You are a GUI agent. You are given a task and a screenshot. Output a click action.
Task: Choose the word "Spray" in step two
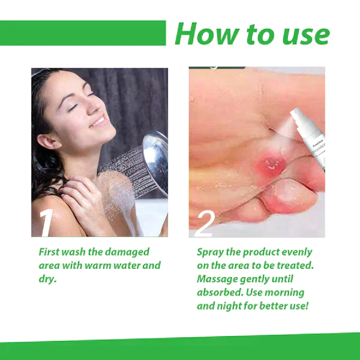tap(211, 252)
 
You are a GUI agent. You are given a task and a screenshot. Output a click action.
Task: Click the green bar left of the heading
tap(83, 33)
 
